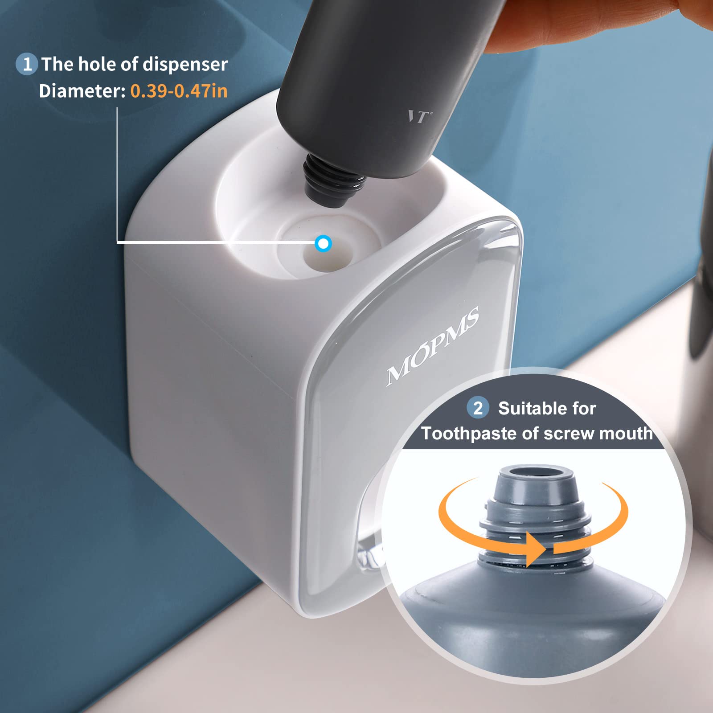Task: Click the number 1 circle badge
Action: click(x=27, y=64)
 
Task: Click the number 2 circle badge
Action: click(x=478, y=408)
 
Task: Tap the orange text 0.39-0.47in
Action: click(x=179, y=91)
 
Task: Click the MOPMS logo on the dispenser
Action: click(x=432, y=345)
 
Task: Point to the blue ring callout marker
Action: click(x=323, y=243)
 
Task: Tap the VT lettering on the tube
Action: click(x=419, y=117)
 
